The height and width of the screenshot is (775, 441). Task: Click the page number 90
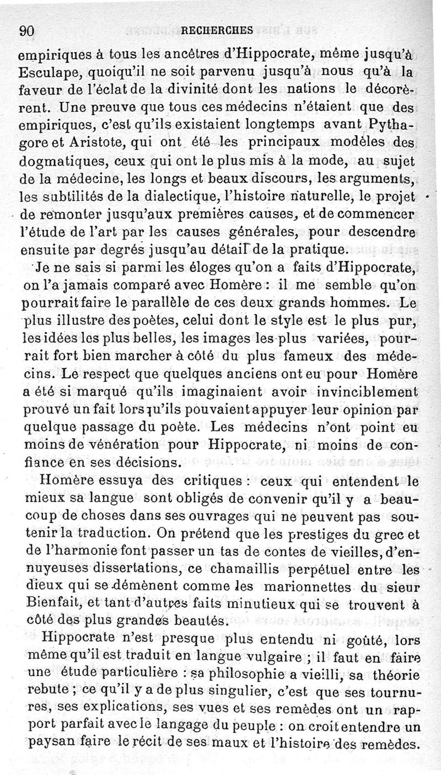(x=27, y=31)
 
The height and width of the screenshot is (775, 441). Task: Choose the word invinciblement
(x=368, y=393)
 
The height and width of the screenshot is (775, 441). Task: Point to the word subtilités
(x=60, y=197)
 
